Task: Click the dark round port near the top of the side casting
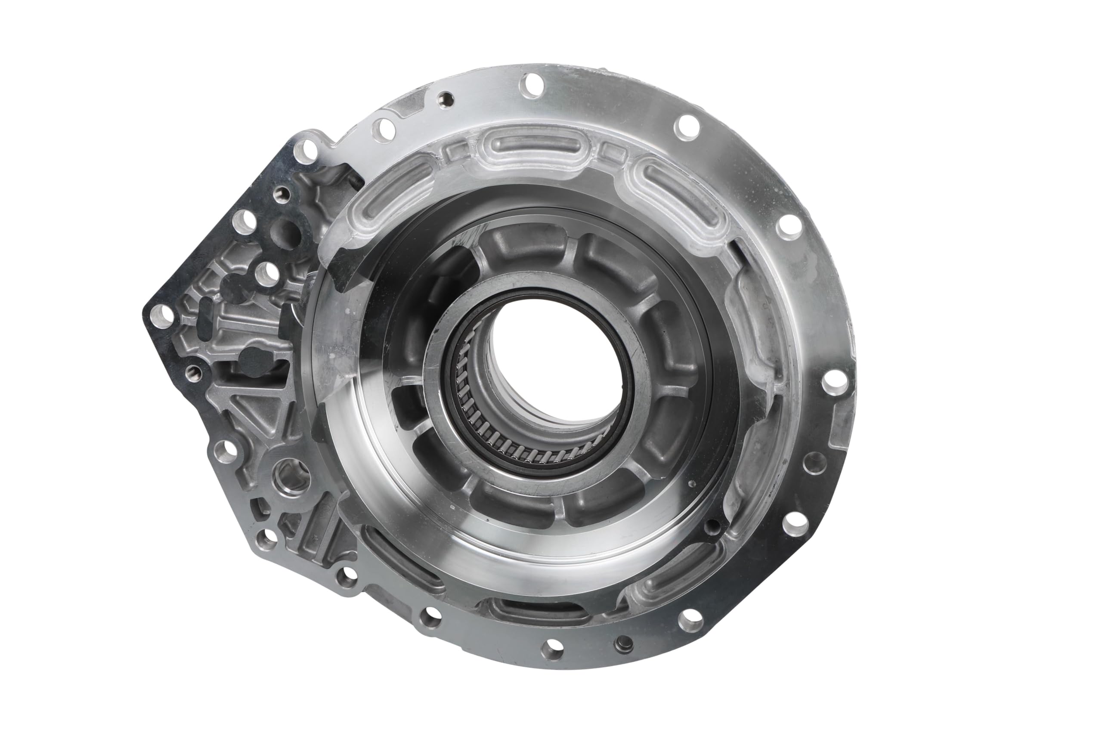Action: coord(286,232)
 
